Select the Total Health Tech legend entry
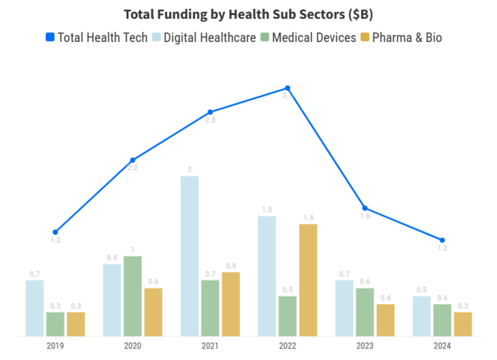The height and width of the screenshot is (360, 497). coord(96,37)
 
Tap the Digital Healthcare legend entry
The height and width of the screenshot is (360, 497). coord(205,37)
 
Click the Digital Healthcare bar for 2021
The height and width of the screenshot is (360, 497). coord(189,256)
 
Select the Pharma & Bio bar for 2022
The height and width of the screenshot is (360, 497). coord(308,280)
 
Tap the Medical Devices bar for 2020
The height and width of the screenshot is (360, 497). coord(133,296)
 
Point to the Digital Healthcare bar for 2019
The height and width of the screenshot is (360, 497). coord(35,307)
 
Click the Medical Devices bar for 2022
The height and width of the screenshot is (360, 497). coord(288,316)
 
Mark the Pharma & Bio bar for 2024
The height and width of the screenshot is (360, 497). coord(462,323)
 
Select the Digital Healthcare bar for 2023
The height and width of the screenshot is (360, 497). coord(344,307)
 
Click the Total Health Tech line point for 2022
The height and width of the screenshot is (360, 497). coord(288,88)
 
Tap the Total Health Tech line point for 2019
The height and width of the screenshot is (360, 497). coord(55,232)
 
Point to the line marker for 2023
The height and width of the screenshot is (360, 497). coord(365,208)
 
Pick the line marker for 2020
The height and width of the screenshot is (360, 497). coord(133,160)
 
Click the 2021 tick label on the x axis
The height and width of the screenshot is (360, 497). coord(210,345)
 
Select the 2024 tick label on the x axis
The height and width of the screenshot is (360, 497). coord(442,345)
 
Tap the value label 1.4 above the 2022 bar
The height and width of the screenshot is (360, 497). coord(308,218)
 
